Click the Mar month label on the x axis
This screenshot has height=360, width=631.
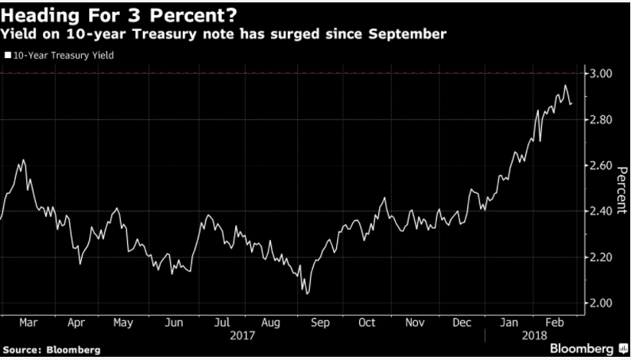[29, 323]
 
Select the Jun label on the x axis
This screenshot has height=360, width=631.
[172, 323]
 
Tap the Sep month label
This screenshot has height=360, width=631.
[319, 323]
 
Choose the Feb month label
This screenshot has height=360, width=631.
[556, 323]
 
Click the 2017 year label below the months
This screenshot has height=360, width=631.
[242, 336]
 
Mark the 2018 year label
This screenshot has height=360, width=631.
[534, 336]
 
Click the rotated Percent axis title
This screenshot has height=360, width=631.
[622, 188]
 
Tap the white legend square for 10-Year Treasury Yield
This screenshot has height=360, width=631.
[7, 56]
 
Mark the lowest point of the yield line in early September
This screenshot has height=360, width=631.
[307, 293]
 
